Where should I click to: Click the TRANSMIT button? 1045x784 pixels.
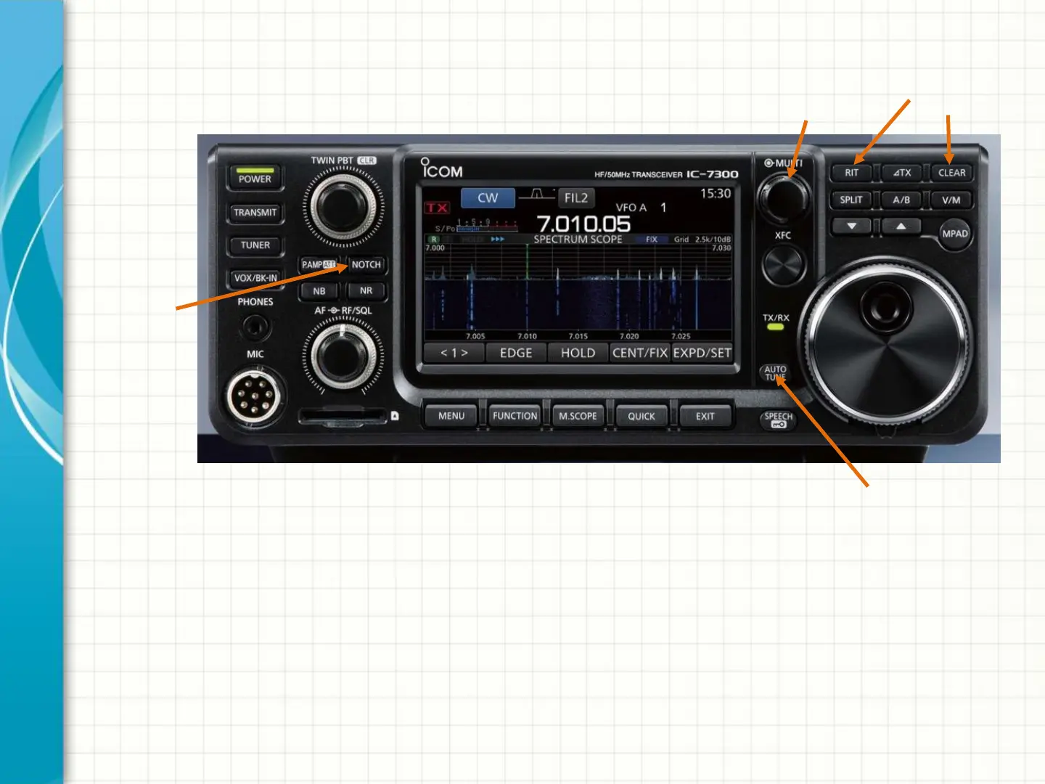[x=255, y=213]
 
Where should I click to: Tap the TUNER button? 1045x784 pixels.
[x=255, y=245]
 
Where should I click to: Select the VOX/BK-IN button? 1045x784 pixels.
[x=255, y=278]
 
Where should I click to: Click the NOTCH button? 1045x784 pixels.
[x=366, y=265]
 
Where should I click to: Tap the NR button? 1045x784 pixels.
[x=366, y=291]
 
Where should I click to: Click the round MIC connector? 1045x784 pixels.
[x=253, y=396]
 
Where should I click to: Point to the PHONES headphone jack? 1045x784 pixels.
[x=255, y=327]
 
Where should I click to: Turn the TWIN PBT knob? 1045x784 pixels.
[x=343, y=206]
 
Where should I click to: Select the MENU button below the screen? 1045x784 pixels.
[x=451, y=416]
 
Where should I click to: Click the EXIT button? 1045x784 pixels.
[x=705, y=416]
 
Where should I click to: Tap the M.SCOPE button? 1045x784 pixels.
[x=578, y=416]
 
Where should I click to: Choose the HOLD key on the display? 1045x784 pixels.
[x=578, y=353]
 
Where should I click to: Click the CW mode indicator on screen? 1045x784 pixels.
[x=488, y=197]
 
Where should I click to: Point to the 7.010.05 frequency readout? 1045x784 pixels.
[x=583, y=224]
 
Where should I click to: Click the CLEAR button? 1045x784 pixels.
[x=951, y=173]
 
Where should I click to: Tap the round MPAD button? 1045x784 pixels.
[x=954, y=234]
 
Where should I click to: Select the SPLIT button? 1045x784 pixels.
[x=851, y=200]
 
